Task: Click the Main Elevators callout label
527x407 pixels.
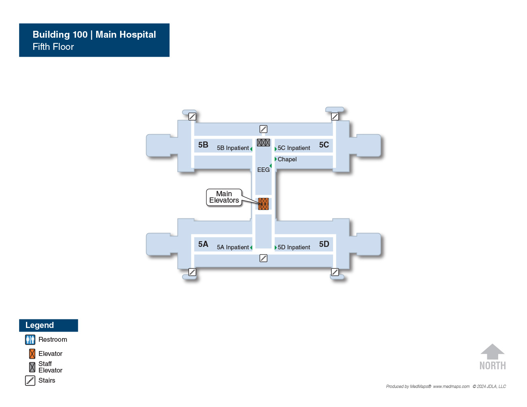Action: point(224,197)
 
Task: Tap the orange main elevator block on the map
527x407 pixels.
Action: point(263,204)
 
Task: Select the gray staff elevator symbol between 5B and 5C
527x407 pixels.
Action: point(263,142)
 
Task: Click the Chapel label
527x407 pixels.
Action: point(287,159)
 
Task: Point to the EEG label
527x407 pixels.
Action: point(263,169)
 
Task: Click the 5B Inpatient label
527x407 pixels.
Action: point(232,148)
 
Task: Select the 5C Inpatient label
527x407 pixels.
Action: point(294,148)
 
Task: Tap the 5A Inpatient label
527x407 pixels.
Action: point(232,247)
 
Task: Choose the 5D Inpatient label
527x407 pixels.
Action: point(294,247)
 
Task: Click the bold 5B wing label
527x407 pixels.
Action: point(203,145)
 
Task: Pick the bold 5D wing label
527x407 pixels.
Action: point(324,244)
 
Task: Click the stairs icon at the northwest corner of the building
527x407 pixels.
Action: point(192,116)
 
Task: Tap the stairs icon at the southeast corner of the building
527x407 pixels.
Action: point(335,272)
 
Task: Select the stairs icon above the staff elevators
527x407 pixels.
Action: point(263,129)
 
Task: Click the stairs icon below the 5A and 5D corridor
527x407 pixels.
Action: point(263,258)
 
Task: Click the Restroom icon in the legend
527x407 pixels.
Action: point(30,340)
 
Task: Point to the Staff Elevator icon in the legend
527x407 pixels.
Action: point(32,367)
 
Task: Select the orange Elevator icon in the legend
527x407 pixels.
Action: point(32,354)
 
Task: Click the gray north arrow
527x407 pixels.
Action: point(493,351)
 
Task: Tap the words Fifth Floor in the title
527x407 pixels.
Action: point(53,47)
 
